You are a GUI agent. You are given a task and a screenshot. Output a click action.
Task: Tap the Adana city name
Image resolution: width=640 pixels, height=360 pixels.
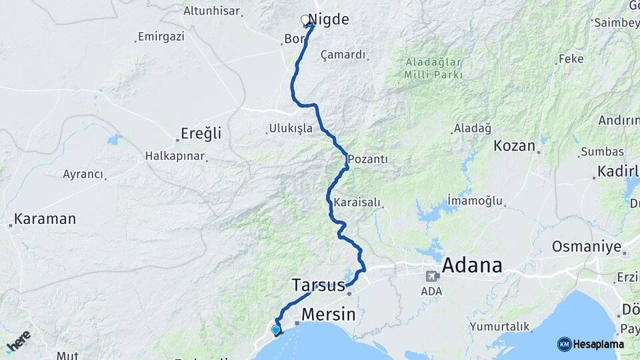(x=472, y=265)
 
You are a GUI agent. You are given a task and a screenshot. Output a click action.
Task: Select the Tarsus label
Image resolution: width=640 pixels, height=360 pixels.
(x=318, y=285)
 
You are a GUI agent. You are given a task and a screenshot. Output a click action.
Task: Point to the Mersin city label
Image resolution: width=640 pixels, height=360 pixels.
(x=328, y=313)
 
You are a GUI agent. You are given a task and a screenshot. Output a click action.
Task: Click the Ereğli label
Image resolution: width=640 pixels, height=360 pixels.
(x=201, y=133)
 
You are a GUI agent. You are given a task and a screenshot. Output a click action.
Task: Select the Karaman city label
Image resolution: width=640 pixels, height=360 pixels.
(x=45, y=219)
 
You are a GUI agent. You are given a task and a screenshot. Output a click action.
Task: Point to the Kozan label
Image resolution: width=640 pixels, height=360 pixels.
(x=514, y=145)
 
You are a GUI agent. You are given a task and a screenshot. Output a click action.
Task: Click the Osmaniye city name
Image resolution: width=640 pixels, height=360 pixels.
(x=585, y=247)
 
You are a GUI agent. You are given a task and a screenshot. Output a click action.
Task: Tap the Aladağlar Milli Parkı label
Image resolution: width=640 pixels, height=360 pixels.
(x=433, y=69)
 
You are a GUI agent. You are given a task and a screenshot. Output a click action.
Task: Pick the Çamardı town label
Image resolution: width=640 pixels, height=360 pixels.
(x=343, y=55)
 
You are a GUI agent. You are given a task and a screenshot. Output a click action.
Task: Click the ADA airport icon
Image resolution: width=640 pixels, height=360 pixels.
(x=433, y=275)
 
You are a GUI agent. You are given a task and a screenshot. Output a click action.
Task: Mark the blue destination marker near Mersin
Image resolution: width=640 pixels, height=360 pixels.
(x=276, y=329)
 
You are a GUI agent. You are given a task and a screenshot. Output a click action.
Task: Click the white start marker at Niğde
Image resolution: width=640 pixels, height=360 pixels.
(x=305, y=20)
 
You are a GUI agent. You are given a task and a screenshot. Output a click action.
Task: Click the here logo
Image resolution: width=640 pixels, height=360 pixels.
(x=19, y=341)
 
